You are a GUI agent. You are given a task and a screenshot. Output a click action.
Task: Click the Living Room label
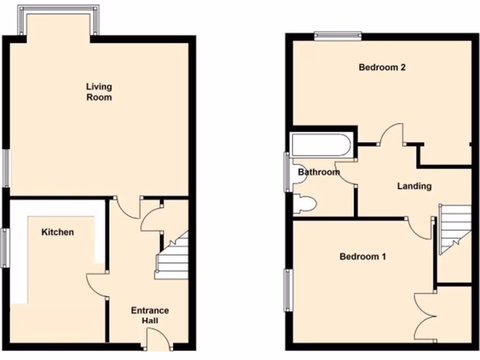pos(99,92)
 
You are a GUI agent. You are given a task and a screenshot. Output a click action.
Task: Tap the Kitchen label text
pos(58,232)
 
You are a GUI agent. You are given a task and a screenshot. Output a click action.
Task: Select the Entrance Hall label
pos(150,315)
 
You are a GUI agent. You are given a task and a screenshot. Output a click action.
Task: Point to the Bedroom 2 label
pos(382,67)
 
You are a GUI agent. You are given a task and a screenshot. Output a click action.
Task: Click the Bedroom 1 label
pos(363,256)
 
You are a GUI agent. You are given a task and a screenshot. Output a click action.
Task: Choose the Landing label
pos(414,186)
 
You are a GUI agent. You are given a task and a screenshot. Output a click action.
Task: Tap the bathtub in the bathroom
pos(321,145)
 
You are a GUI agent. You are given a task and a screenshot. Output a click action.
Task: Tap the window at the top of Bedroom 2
pos(337,35)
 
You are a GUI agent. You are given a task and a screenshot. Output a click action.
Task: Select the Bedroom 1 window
pos(288,290)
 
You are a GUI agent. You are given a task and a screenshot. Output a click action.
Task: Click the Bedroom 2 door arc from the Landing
pos(391,134)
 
